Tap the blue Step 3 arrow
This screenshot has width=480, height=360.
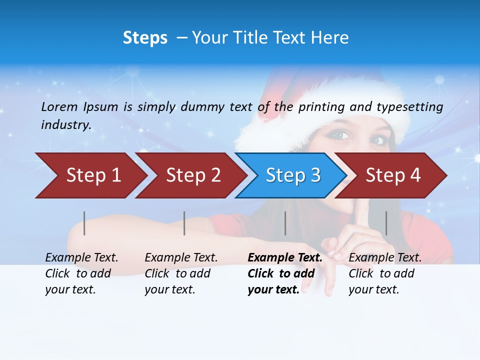292,175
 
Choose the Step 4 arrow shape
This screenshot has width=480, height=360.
392,175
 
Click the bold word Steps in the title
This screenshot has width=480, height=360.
145,38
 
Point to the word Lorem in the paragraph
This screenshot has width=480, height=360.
59,106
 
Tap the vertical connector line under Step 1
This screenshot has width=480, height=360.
84,223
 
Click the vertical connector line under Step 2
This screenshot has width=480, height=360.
184,223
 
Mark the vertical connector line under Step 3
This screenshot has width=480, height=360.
285,223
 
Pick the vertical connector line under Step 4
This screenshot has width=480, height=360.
386,223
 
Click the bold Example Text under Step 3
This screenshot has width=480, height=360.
285,258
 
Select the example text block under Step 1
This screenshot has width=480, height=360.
81,273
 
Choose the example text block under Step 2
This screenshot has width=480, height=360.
181,273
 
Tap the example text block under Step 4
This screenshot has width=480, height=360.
384,273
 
